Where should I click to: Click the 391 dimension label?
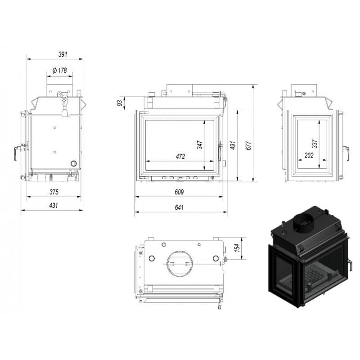pyautogui.click(x=63, y=54)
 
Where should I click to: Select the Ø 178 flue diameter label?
pyautogui.click(x=60, y=70)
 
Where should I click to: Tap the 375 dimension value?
pyautogui.click(x=54, y=192)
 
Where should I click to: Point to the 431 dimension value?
pyautogui.click(x=53, y=205)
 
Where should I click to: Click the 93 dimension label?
pyautogui.click(x=120, y=103)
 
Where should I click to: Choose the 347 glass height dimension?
pyautogui.click(x=200, y=145)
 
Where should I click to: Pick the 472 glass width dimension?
pyautogui.click(x=180, y=156)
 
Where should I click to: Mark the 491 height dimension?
pyautogui.click(x=233, y=145)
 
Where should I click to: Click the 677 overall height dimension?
pyautogui.click(x=249, y=145)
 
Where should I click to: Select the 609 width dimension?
pyautogui.click(x=179, y=192)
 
